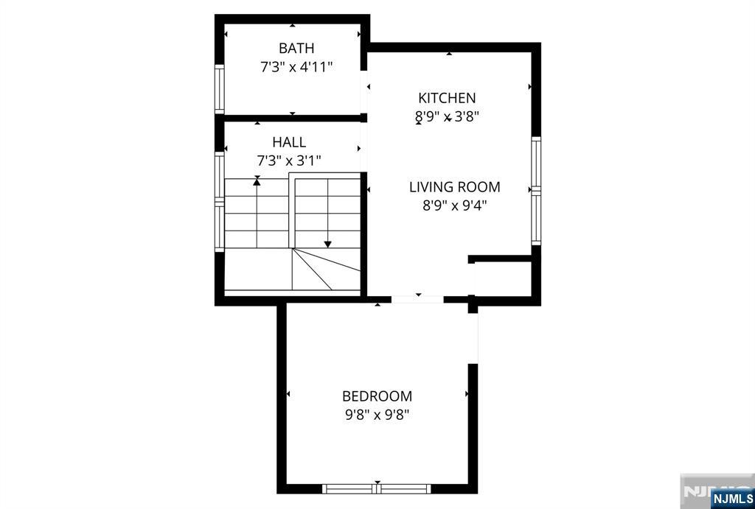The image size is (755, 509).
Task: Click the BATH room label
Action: [x=296, y=48]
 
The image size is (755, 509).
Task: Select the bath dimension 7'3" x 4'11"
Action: [x=296, y=67]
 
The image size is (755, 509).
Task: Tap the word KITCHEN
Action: [x=447, y=98]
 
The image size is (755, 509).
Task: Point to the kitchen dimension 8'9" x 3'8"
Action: [x=447, y=117]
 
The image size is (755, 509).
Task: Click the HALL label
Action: [x=289, y=142]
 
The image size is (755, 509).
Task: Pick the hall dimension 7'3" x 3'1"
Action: [x=289, y=161]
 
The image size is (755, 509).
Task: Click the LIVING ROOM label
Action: [x=454, y=186]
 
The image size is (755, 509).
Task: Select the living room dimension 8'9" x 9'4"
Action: [x=454, y=206]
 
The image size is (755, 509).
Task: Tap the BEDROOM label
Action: [x=377, y=396]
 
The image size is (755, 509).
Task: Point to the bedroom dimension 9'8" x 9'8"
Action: [x=377, y=415]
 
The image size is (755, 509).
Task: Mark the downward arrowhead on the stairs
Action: [x=327, y=245]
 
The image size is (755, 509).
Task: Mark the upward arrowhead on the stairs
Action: [x=257, y=181]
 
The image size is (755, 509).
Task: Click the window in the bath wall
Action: [x=220, y=89]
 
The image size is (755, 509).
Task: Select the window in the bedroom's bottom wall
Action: [x=377, y=489]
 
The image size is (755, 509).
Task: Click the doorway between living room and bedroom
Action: [x=417, y=299]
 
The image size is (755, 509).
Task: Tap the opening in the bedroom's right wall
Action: [x=473, y=338]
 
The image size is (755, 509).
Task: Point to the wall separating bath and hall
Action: [x=293, y=118]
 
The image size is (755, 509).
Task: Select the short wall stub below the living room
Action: [x=501, y=259]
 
